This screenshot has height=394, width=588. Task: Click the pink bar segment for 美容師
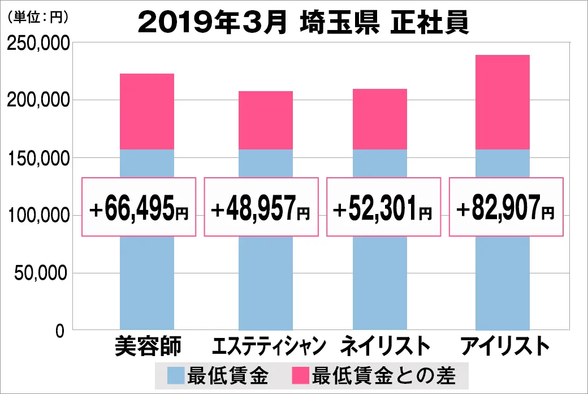pyautogui.click(x=147, y=112)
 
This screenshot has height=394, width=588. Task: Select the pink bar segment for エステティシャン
pyautogui.click(x=266, y=120)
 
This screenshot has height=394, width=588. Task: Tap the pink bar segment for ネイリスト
pyautogui.click(x=380, y=119)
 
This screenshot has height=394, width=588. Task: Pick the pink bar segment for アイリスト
pyautogui.click(x=503, y=102)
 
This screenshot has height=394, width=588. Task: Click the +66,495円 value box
pyautogui.click(x=139, y=207)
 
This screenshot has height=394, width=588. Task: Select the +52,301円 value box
pyautogui.click(x=383, y=207)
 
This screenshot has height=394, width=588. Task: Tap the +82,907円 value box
pyautogui.click(x=506, y=207)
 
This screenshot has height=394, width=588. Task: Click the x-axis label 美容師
pyautogui.click(x=147, y=346)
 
